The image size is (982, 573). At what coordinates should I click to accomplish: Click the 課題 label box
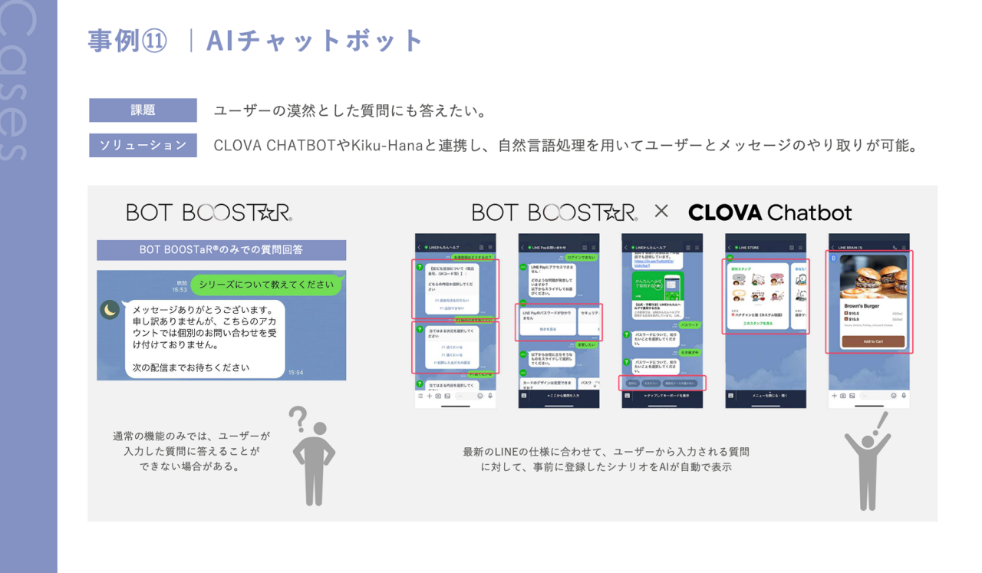[143, 110]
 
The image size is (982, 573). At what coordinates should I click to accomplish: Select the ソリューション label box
[143, 145]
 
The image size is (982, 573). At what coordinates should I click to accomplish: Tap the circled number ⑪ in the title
[153, 41]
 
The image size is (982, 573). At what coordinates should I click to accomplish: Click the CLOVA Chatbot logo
[769, 212]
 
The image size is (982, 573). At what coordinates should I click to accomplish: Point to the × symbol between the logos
[661, 212]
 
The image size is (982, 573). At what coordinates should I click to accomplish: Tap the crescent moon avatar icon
[110, 309]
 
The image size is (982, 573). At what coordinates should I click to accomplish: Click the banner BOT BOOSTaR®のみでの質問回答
[221, 250]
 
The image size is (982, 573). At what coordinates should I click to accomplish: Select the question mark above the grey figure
[298, 418]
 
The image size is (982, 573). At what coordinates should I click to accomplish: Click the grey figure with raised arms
[868, 471]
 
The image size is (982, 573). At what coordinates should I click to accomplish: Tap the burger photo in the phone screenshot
[873, 276]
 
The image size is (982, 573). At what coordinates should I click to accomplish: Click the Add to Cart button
[873, 341]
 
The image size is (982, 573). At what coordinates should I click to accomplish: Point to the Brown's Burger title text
[862, 305]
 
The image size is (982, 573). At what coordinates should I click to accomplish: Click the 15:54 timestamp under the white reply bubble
[295, 373]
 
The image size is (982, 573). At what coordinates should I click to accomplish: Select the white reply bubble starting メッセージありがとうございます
[204, 338]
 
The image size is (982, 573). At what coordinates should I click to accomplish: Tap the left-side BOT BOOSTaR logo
[209, 212]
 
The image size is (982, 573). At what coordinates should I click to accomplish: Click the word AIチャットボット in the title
[315, 41]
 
